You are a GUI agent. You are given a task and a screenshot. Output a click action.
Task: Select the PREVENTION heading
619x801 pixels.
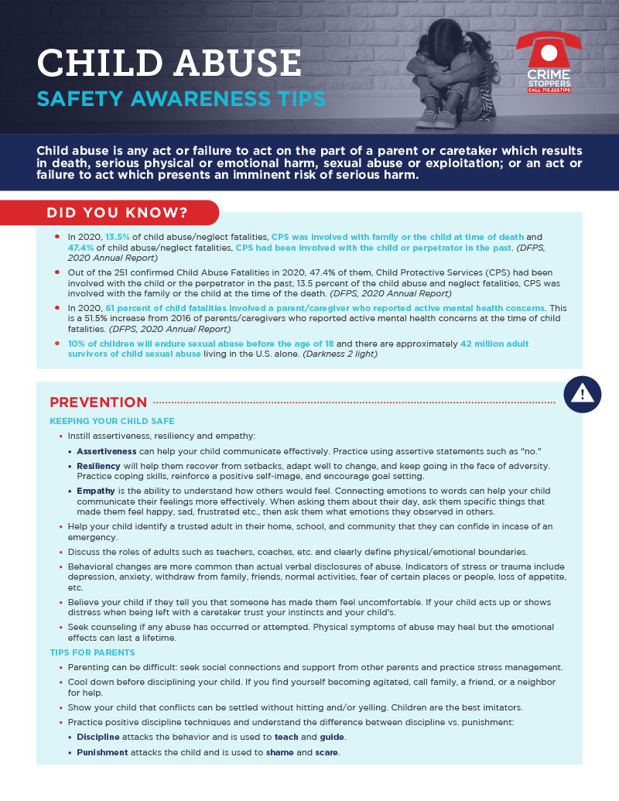coord(98,402)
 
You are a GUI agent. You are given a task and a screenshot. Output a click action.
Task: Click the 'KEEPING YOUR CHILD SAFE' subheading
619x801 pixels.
coord(112,421)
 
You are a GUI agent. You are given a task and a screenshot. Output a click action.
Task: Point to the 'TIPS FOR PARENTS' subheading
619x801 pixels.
coord(92,653)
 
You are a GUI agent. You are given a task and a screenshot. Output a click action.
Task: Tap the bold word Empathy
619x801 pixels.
coord(96,491)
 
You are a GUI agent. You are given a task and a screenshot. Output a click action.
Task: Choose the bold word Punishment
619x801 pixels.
coord(103,752)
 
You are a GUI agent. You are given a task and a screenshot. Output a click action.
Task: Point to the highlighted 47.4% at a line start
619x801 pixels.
coord(82,247)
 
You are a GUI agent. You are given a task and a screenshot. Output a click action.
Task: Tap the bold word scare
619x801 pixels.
coord(327,752)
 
